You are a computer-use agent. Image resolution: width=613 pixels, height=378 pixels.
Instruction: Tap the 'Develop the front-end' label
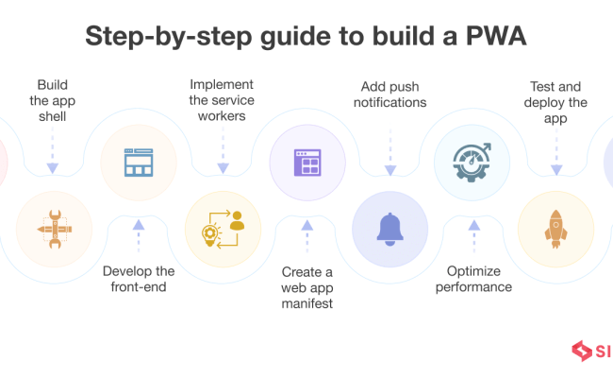(138, 279)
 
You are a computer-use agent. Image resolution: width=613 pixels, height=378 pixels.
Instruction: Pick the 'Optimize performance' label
(473, 278)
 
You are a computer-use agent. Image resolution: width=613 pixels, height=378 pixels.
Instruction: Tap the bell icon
(389, 230)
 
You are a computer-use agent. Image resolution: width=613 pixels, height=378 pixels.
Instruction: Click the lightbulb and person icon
(222, 230)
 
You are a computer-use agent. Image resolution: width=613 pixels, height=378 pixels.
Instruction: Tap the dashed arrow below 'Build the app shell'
(53, 155)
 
